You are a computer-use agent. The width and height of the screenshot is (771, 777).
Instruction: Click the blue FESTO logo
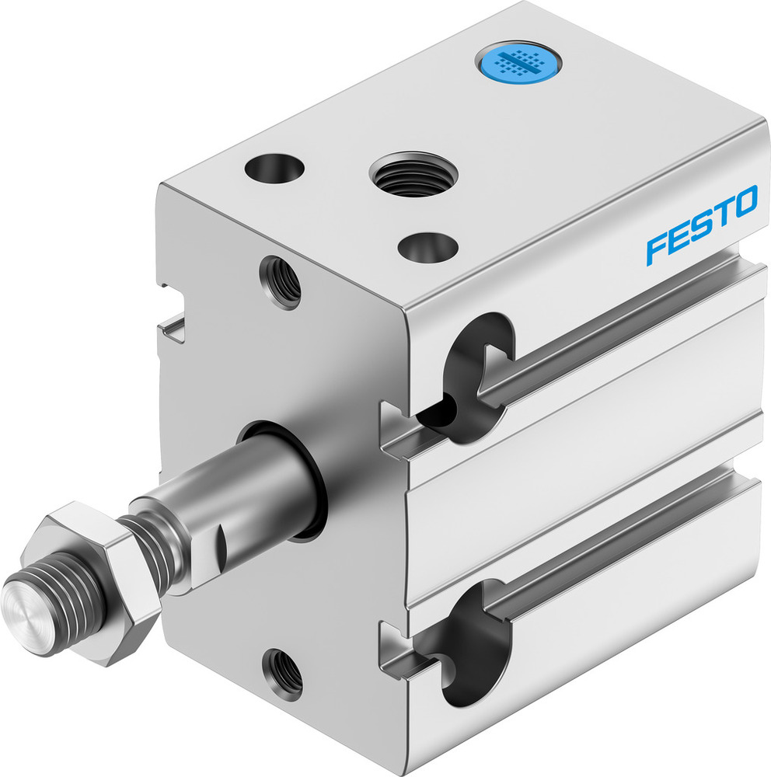(x=701, y=225)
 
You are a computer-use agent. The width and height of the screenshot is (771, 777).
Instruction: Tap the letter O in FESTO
(x=742, y=203)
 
